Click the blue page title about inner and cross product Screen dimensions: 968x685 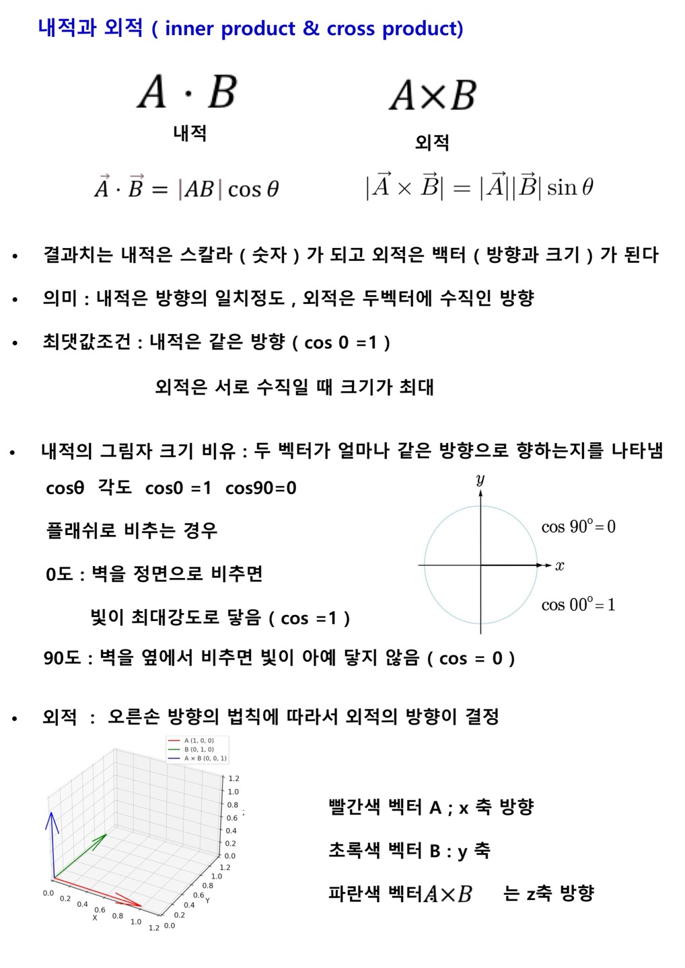pyautogui.click(x=250, y=28)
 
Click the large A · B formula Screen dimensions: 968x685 pyautogui.click(x=187, y=91)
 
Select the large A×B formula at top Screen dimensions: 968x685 pyautogui.click(x=433, y=95)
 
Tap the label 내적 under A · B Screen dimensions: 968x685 pyautogui.click(x=190, y=133)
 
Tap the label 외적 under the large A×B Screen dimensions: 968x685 pyautogui.click(x=432, y=143)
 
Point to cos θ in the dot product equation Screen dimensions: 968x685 pyautogui.click(x=253, y=189)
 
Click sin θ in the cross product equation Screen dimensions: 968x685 pyautogui.click(x=570, y=187)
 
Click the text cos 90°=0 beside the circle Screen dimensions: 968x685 pyautogui.click(x=578, y=526)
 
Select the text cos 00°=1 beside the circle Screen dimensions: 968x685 pyautogui.click(x=578, y=604)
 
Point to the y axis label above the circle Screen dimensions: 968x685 pyautogui.click(x=480, y=479)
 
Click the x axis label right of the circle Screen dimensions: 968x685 pyautogui.click(x=560, y=565)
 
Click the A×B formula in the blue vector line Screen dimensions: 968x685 pyautogui.click(x=447, y=894)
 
